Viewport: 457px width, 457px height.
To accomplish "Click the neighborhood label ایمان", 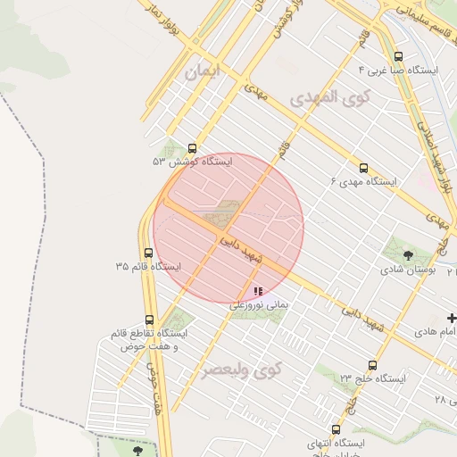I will pos(202,72).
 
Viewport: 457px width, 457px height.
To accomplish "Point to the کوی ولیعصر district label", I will pos(241,368).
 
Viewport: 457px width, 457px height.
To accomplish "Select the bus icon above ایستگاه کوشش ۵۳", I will pos(193,149).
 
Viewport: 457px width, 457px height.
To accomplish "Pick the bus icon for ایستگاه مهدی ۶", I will pos(363,168).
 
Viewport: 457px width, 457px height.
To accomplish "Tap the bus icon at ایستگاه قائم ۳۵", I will pos(148,253).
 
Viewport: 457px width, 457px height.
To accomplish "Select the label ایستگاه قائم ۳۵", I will pos(147,266).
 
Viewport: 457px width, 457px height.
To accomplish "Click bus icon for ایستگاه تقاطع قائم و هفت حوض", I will pos(148,319).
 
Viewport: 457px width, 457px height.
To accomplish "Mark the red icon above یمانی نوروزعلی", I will pos(258,291).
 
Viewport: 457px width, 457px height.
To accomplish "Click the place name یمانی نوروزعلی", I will pos(260,304).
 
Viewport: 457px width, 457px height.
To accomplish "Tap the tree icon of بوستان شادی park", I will pos(408,255).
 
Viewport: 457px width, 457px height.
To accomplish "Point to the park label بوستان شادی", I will pos(408,269).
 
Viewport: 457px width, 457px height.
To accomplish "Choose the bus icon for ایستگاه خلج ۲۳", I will pos(372,364).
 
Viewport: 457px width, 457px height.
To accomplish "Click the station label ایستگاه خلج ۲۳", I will pos(372,378).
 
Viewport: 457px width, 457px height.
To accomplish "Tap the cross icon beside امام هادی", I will pos(452,319).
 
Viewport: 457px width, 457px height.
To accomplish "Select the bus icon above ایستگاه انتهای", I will pos(336,429).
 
